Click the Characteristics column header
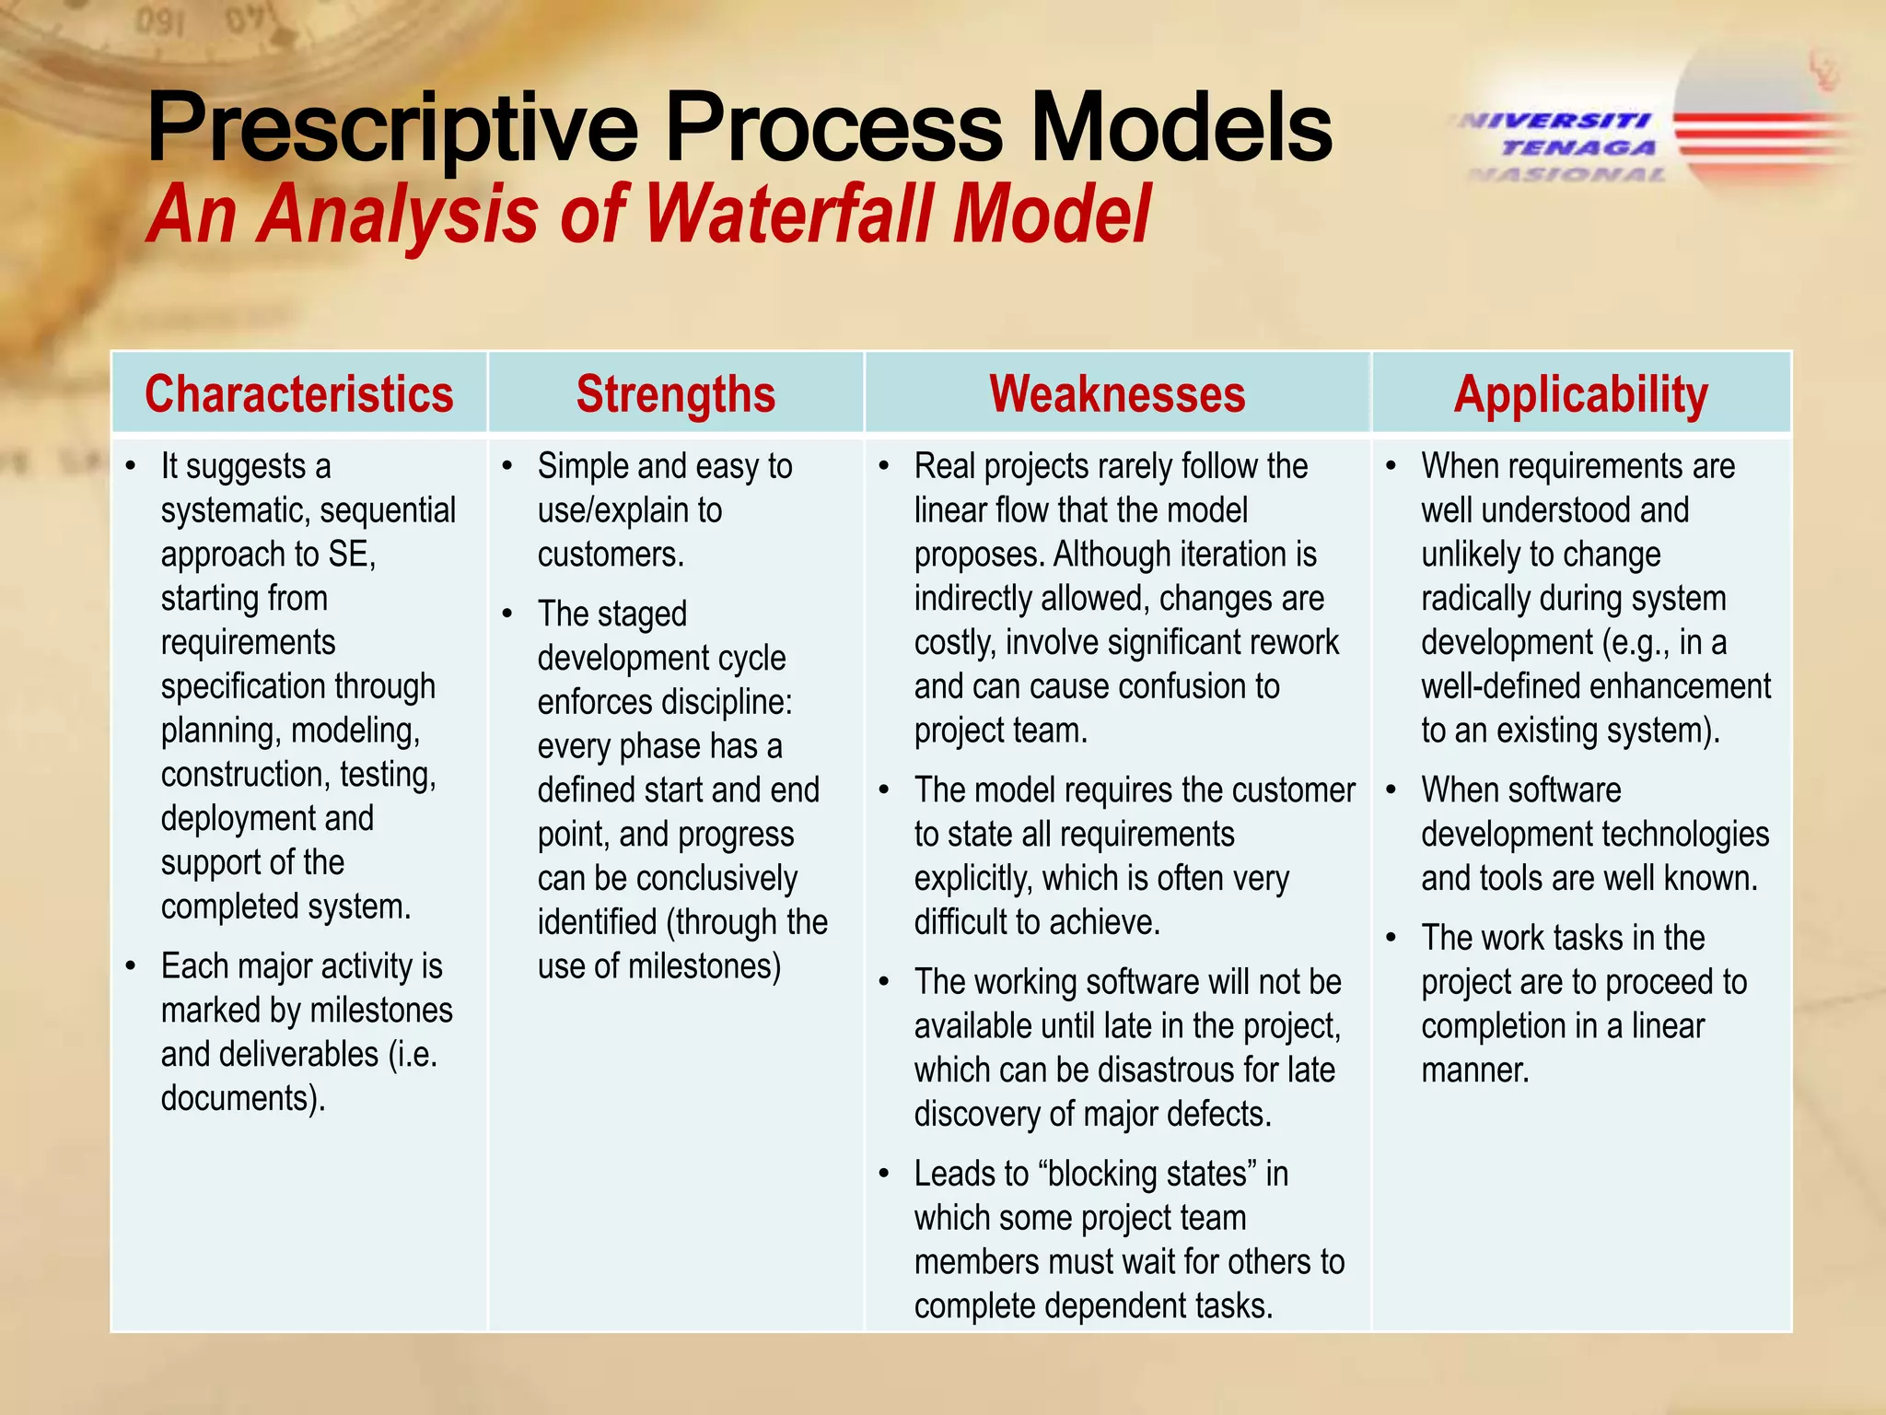[298, 394]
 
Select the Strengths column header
[676, 394]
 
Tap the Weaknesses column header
[1117, 394]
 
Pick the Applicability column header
[1580, 394]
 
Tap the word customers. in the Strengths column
[611, 555]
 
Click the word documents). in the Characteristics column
[243, 1098]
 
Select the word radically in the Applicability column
[1475, 599]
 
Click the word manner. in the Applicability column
[1474, 1070]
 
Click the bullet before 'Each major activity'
[132, 966]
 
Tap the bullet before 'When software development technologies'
[1391, 790]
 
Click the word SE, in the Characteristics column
[352, 555]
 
